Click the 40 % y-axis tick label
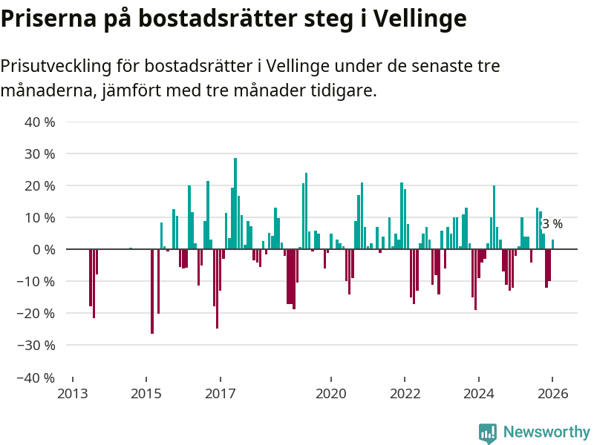click(41, 122)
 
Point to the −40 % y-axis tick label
click(38, 377)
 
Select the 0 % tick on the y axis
click(44, 249)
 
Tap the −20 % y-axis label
click(38, 313)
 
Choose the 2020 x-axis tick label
click(331, 394)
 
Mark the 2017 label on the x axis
click(221, 394)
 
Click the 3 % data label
click(552, 223)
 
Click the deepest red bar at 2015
click(151, 291)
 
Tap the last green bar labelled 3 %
click(552, 244)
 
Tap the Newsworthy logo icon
click(488, 432)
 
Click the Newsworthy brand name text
click(546, 432)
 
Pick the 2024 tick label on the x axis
click(479, 394)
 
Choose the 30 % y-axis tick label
click(41, 154)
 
